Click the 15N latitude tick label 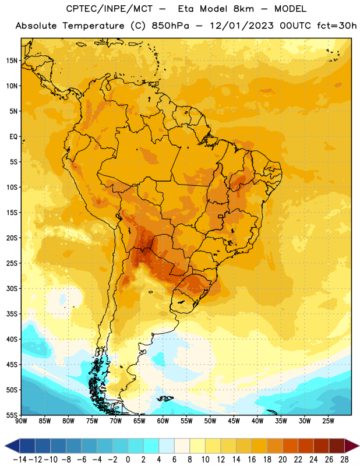[x=12, y=61]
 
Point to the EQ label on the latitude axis [x=13, y=137]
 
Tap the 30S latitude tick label [x=12, y=289]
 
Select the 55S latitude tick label [x=12, y=415]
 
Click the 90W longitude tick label [x=21, y=421]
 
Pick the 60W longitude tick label [x=163, y=421]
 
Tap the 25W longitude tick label [x=328, y=421]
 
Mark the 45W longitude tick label [x=234, y=421]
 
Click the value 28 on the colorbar [x=344, y=460]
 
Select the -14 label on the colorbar [x=20, y=460]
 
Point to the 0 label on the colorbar [x=128, y=460]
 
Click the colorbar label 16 [x=252, y=460]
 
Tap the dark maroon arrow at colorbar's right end [x=351, y=446]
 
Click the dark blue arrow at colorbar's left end [x=12, y=446]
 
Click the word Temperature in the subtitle [x=93, y=26]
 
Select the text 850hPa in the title [x=170, y=26]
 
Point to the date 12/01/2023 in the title [x=242, y=26]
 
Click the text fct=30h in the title [x=337, y=26]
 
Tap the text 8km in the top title [x=243, y=9]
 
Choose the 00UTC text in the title [x=295, y=26]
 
